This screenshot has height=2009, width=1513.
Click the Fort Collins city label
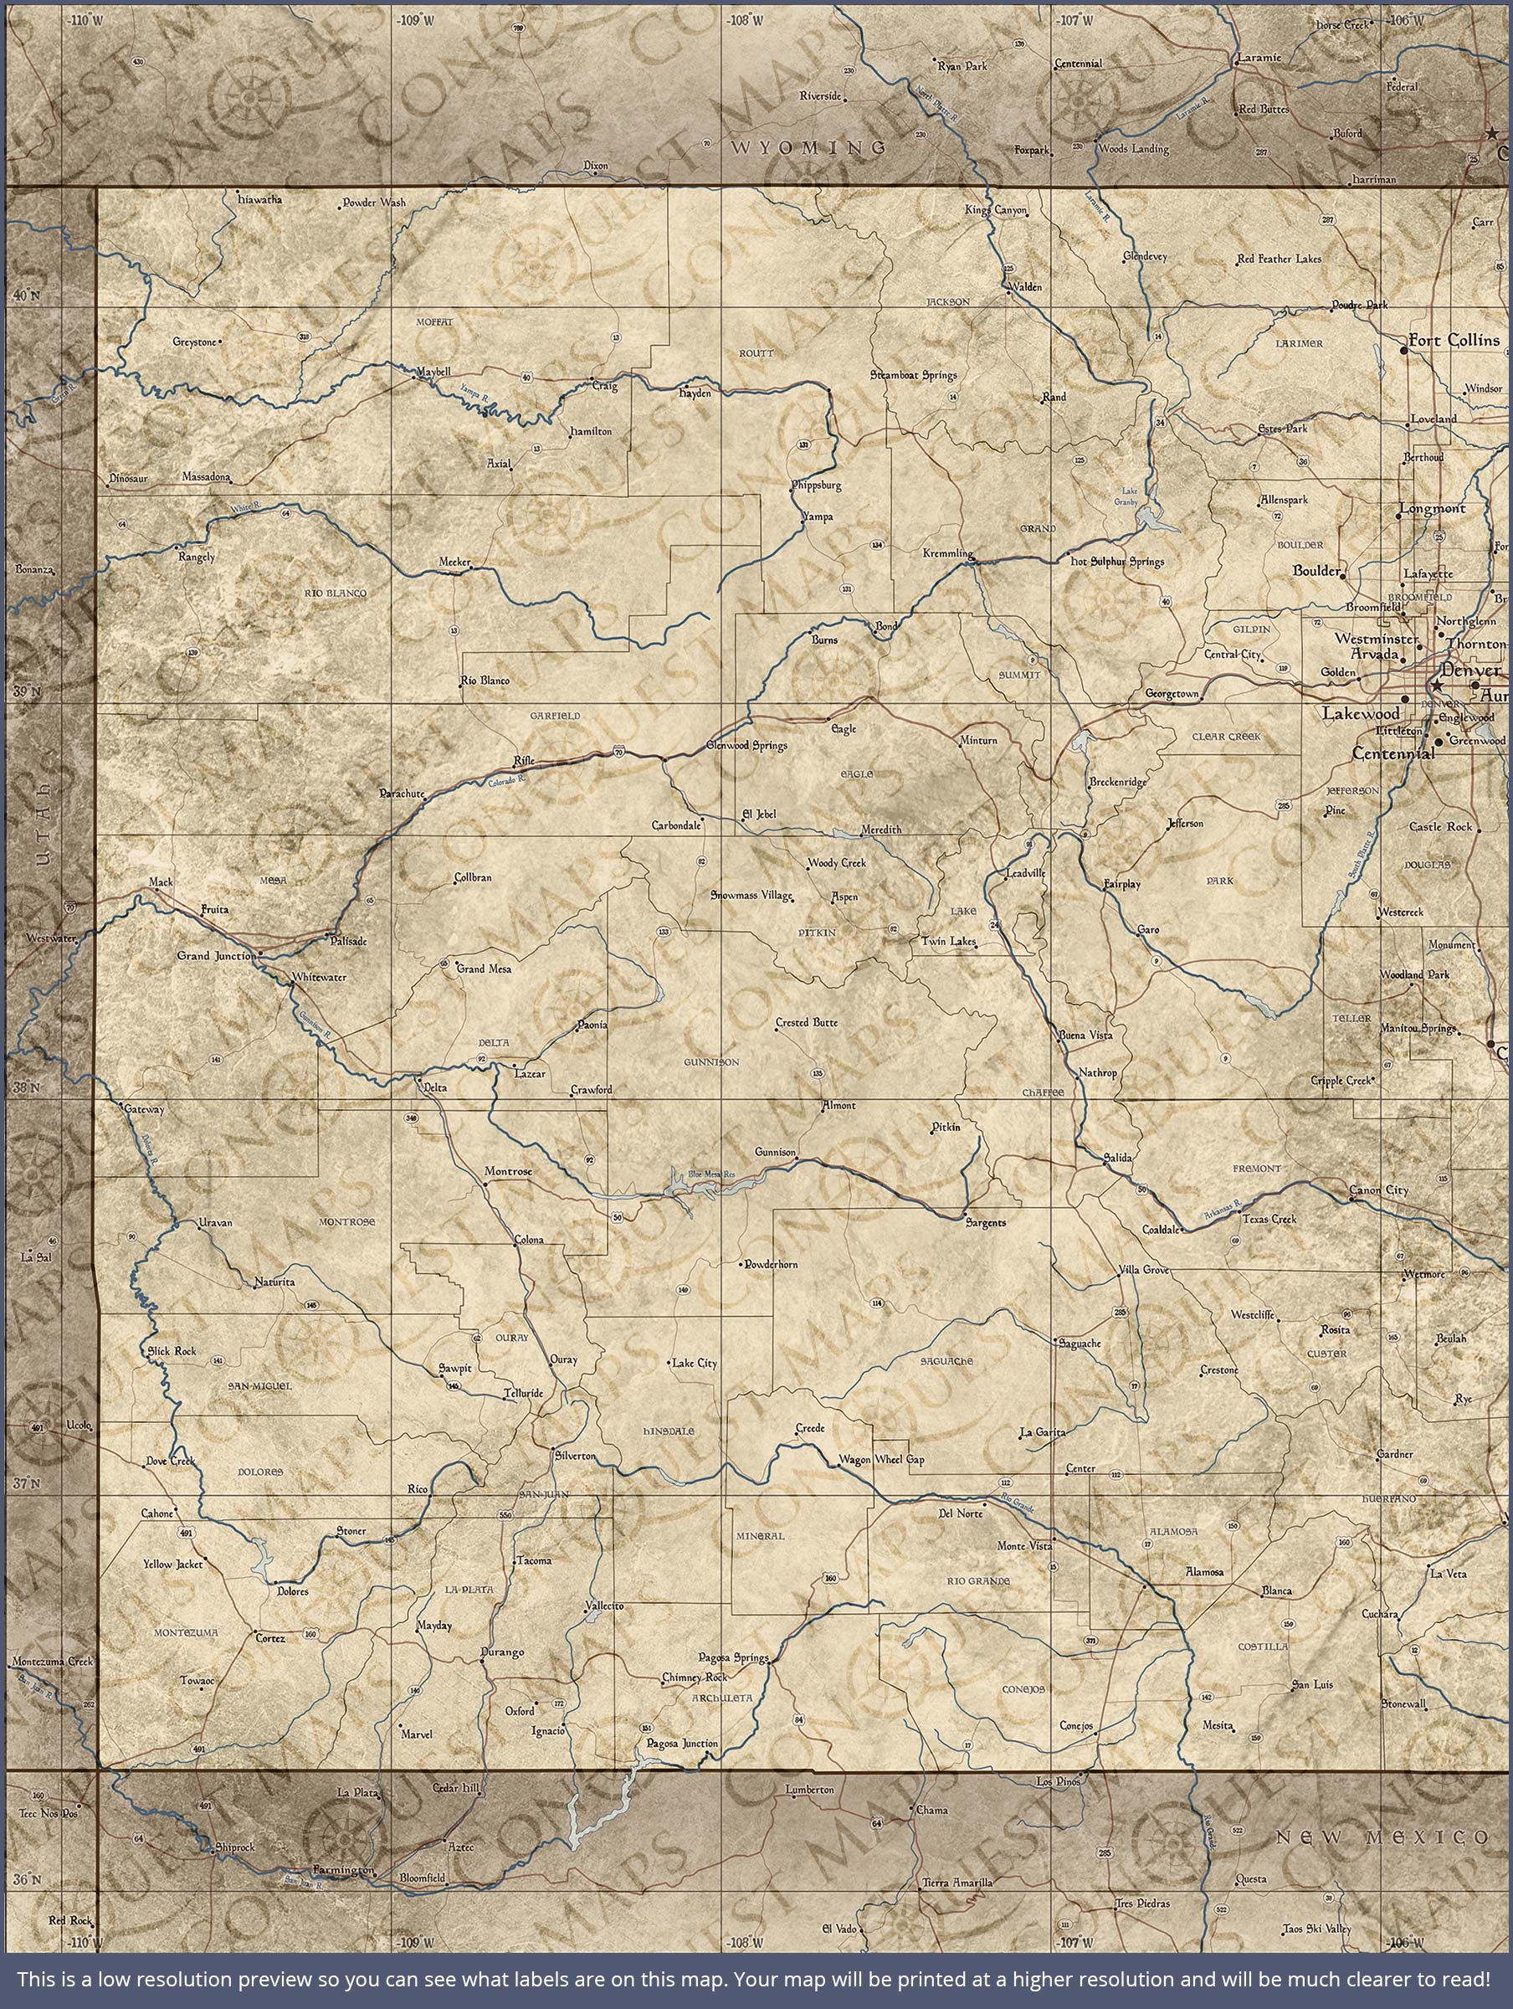[x=1453, y=341]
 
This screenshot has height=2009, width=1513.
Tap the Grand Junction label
[x=218, y=955]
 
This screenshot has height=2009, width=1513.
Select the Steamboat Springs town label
[x=913, y=374]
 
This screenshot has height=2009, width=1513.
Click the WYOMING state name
[x=808, y=146]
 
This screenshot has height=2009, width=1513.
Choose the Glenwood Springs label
[x=746, y=746]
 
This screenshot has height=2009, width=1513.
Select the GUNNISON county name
[x=711, y=1061]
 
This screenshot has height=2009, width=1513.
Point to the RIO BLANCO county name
[x=336, y=593]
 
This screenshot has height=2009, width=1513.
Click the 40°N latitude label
[x=28, y=295]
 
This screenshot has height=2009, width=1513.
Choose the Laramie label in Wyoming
[x=1259, y=57]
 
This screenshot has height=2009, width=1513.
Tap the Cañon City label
[x=1377, y=1189]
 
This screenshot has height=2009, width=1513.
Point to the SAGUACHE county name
[x=946, y=1361]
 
